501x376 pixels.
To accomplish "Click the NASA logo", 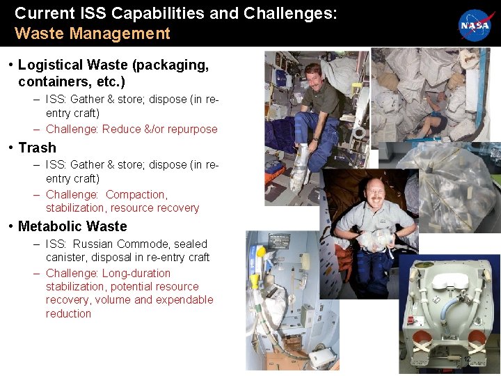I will [x=475, y=25].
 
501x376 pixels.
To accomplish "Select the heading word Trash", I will [x=37, y=148].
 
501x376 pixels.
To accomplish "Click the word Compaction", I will [x=136, y=194].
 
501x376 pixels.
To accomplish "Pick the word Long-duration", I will [x=136, y=273].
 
